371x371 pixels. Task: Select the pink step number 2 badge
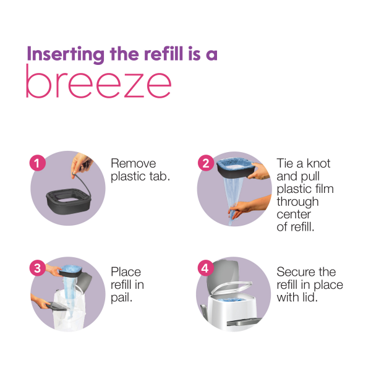pyautogui.click(x=205, y=164)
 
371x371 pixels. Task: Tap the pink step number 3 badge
pyautogui.click(x=38, y=268)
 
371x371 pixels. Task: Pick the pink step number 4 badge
pyautogui.click(x=205, y=268)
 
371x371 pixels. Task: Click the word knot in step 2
pyautogui.click(x=316, y=164)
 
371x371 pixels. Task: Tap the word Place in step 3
pyautogui.click(x=126, y=272)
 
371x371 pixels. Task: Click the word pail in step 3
pyautogui.click(x=122, y=297)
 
